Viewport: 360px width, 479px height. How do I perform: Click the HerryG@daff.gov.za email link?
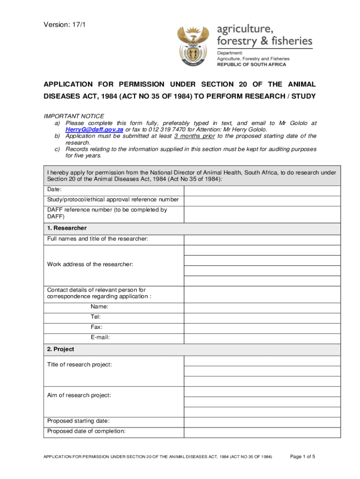[94, 130]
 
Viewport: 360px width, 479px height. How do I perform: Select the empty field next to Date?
[262, 190]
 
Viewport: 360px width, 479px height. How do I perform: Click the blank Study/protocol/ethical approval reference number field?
[262, 200]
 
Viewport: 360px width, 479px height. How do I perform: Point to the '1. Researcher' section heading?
[67, 228]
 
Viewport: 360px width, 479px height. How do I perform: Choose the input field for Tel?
[262, 317]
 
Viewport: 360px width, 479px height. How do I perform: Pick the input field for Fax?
[262, 327]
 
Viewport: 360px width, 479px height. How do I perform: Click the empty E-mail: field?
[262, 338]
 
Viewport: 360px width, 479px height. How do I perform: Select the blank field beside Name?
[262, 307]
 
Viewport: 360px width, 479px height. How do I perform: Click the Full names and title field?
[262, 239]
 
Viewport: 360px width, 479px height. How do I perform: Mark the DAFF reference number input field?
[262, 214]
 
